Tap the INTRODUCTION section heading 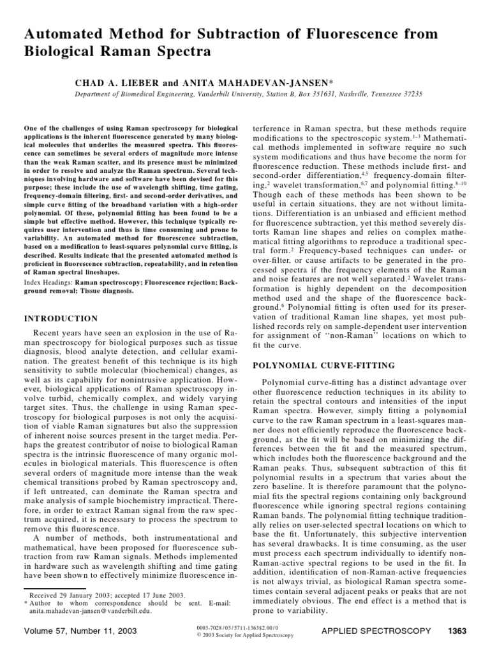61,318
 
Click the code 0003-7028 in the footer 209,628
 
